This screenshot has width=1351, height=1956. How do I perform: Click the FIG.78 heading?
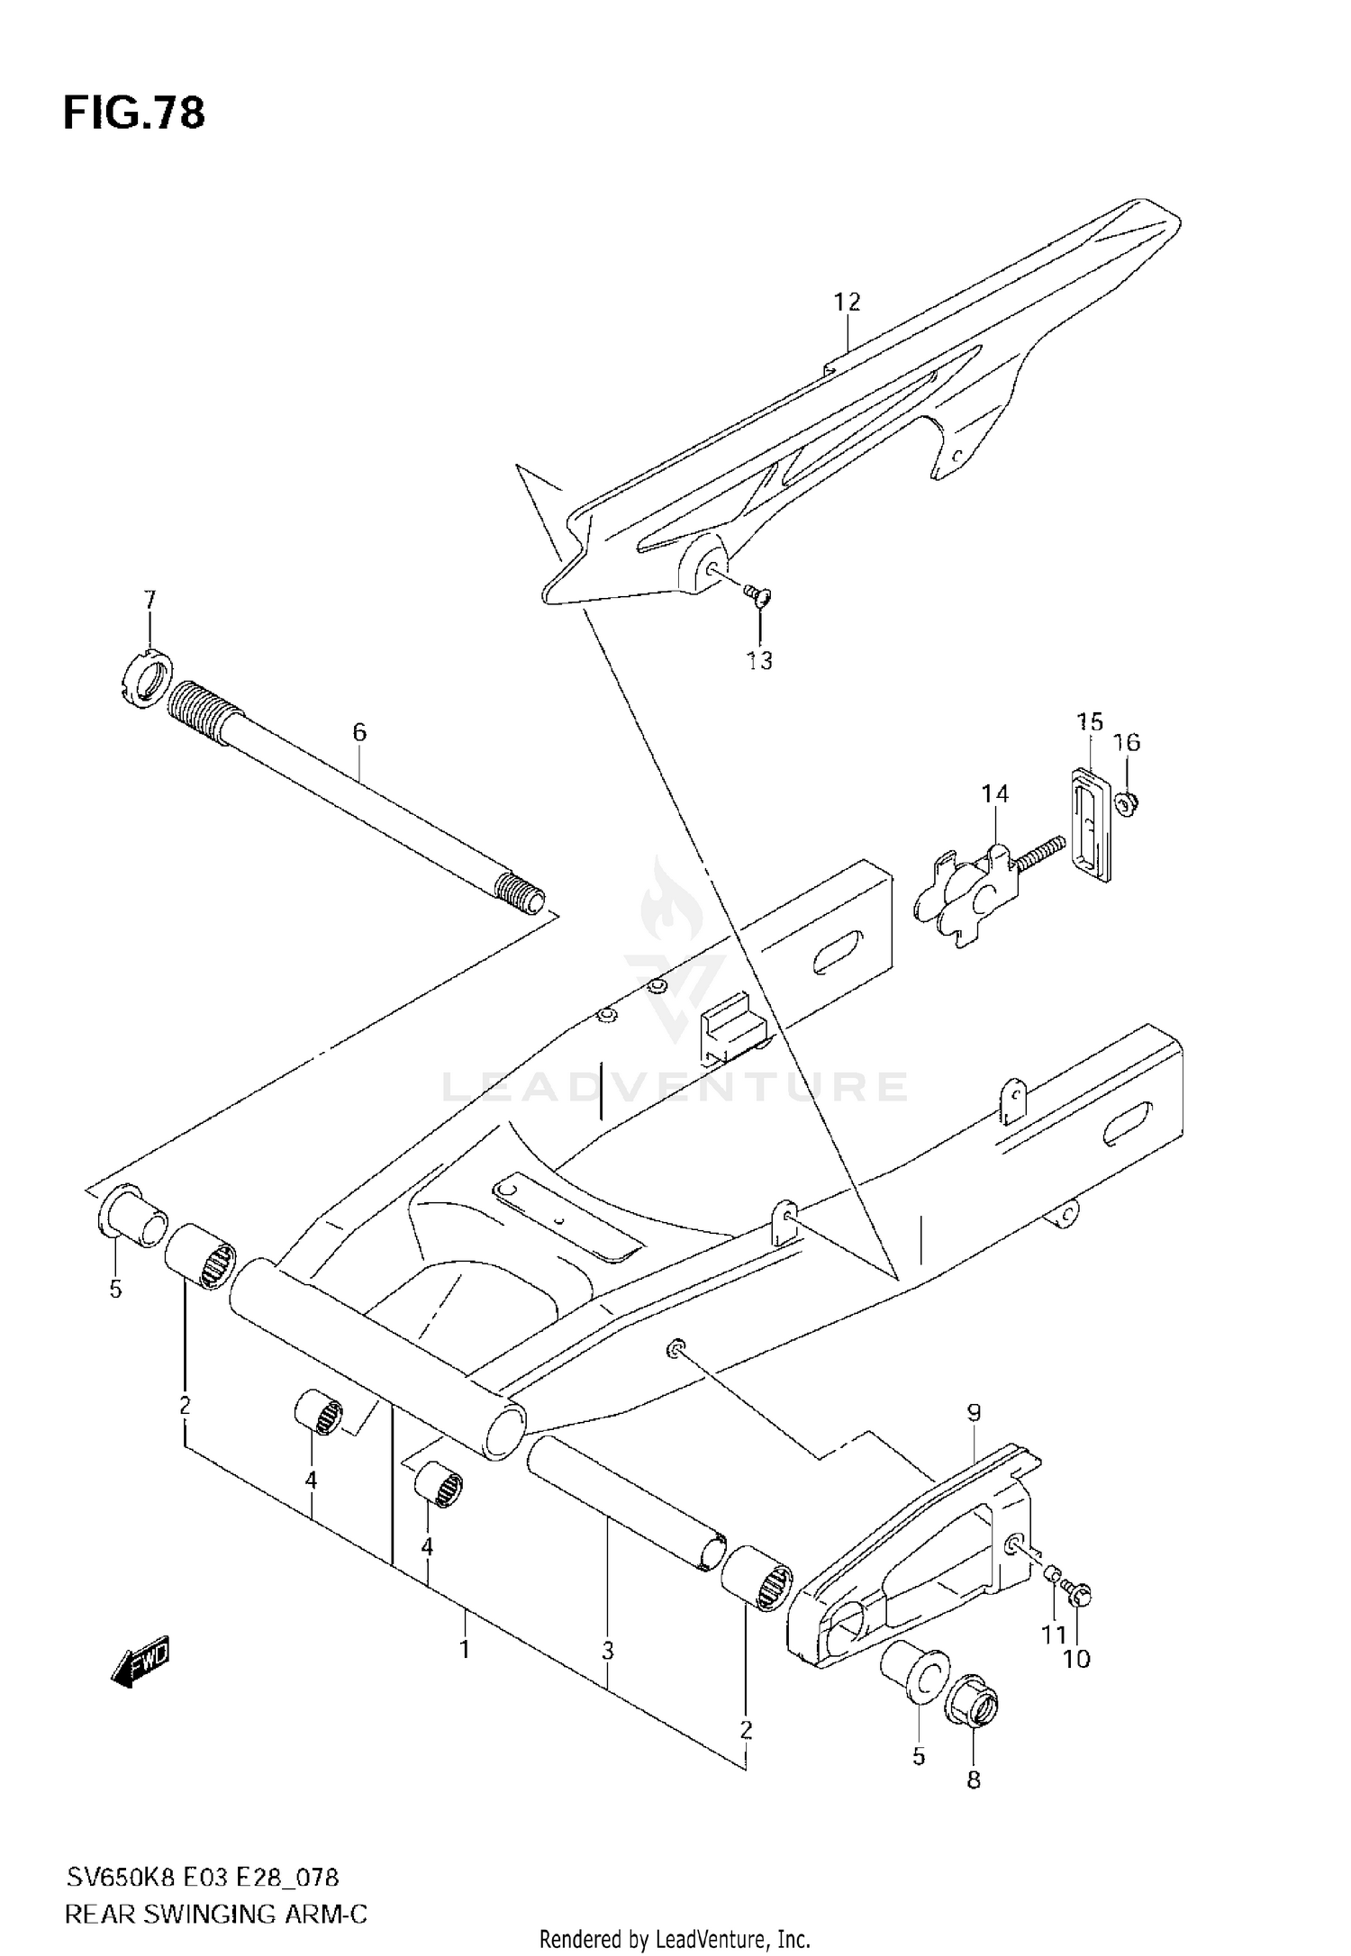click(x=133, y=114)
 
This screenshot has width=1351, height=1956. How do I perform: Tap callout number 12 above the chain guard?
click(x=847, y=302)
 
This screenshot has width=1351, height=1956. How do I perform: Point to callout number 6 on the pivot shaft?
click(x=359, y=732)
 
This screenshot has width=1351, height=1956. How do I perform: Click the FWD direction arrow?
click(x=140, y=1660)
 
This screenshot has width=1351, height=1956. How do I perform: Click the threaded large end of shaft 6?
click(x=204, y=712)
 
